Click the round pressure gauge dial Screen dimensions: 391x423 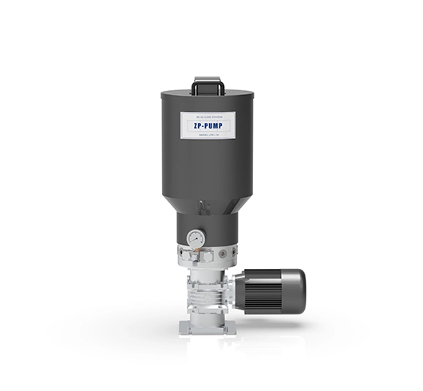(x=196, y=239)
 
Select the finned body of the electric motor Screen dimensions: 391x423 (x=267, y=291)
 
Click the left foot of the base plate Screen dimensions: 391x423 (x=183, y=330)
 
